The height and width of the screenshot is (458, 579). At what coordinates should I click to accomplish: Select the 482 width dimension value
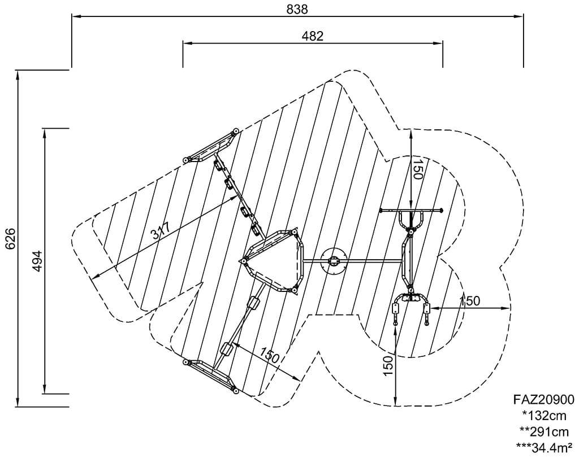pos(313,36)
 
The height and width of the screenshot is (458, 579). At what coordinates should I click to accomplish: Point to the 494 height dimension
pos(37,261)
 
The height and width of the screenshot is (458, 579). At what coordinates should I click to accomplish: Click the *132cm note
pos(545,416)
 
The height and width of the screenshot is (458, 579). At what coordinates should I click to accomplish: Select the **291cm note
pos(544,432)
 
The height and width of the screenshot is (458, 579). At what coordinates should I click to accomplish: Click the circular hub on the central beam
pos(334,261)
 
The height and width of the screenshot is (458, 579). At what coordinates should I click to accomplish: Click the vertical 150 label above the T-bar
pos(417,169)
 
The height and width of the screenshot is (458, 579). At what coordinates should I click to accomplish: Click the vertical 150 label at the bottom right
pos(387,367)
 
